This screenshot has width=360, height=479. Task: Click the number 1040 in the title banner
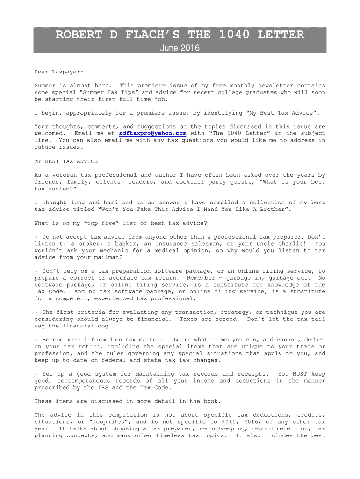coord(236,35)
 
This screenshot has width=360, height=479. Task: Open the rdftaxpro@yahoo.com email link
coord(153,133)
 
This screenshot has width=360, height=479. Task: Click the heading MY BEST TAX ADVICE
coord(66,161)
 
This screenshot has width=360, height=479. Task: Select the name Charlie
coord(291,244)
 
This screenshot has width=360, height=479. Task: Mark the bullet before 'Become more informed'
coord(36,340)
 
